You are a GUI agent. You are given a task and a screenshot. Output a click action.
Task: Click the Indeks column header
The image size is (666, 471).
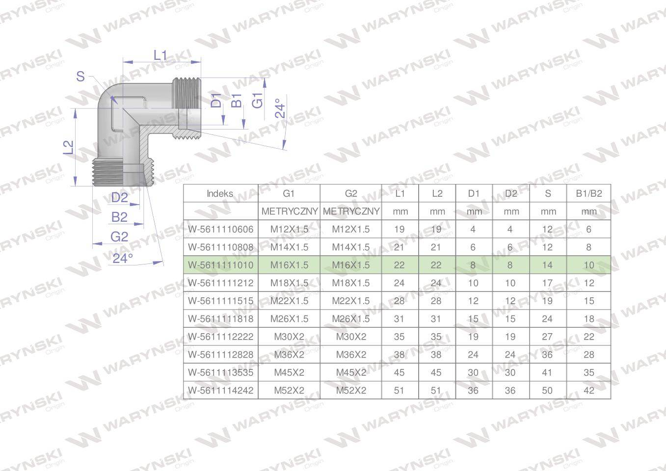click(220, 193)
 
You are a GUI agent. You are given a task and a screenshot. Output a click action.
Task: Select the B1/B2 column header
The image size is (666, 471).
click(588, 193)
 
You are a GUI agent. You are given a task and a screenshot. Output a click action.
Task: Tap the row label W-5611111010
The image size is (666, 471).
click(220, 265)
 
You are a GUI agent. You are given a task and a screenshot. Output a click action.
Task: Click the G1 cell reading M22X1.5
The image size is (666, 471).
click(289, 301)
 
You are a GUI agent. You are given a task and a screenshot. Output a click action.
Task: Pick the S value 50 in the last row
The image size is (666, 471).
click(547, 391)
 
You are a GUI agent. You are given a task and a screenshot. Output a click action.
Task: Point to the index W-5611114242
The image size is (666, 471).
click(220, 391)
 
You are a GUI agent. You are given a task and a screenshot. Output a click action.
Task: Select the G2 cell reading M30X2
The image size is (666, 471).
click(351, 337)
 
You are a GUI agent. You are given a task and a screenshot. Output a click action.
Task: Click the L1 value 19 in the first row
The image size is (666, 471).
click(399, 229)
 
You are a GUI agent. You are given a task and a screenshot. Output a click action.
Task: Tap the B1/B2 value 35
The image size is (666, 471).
click(588, 372)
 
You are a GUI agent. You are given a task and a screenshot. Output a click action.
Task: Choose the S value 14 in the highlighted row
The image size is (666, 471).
click(547, 265)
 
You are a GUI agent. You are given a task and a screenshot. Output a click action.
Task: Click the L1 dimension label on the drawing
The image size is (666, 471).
click(160, 55)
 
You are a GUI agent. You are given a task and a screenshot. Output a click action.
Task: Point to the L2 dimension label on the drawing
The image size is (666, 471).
click(69, 147)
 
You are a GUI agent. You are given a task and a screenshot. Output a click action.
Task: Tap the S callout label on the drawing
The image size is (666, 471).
click(80, 77)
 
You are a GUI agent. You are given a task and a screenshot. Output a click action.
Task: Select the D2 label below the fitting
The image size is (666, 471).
click(119, 198)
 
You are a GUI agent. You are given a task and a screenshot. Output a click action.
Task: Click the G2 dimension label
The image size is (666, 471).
click(119, 237)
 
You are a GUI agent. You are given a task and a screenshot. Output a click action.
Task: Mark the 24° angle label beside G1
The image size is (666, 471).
click(280, 109)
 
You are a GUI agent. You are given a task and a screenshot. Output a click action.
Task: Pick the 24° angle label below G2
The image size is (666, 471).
click(123, 258)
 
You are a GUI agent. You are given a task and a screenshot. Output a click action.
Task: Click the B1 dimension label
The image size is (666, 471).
click(237, 101)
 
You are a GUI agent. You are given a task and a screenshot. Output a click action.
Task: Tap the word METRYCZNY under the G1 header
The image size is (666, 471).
click(289, 211)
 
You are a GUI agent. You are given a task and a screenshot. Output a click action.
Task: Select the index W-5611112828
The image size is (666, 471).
click(220, 355)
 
